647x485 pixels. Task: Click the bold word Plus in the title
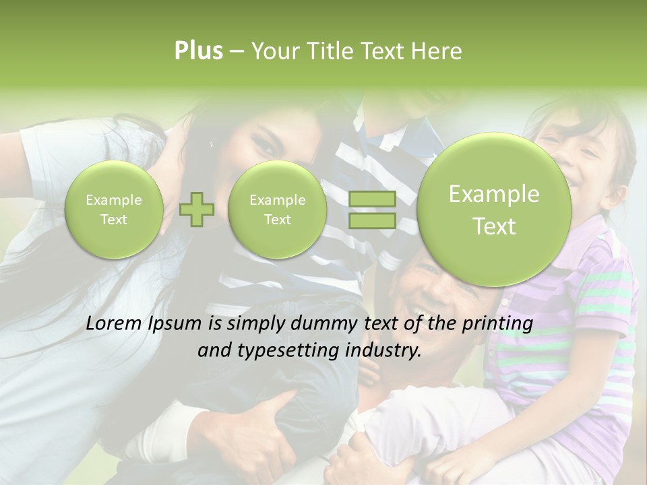coord(199,51)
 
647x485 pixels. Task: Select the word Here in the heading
coord(437,51)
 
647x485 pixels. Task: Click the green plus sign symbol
coord(197,209)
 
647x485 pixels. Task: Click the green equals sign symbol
coord(372,209)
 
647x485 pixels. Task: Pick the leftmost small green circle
coord(114,209)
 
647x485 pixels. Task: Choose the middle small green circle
coord(277,209)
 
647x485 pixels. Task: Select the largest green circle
coord(494,209)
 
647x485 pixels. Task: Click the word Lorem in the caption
coord(114,324)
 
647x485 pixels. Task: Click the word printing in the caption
coord(497,324)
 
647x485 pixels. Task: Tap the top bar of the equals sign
coord(372,199)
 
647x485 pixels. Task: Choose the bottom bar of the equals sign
coord(372,220)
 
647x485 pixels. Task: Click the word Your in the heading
coord(273,51)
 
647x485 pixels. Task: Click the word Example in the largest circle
coord(494,195)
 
